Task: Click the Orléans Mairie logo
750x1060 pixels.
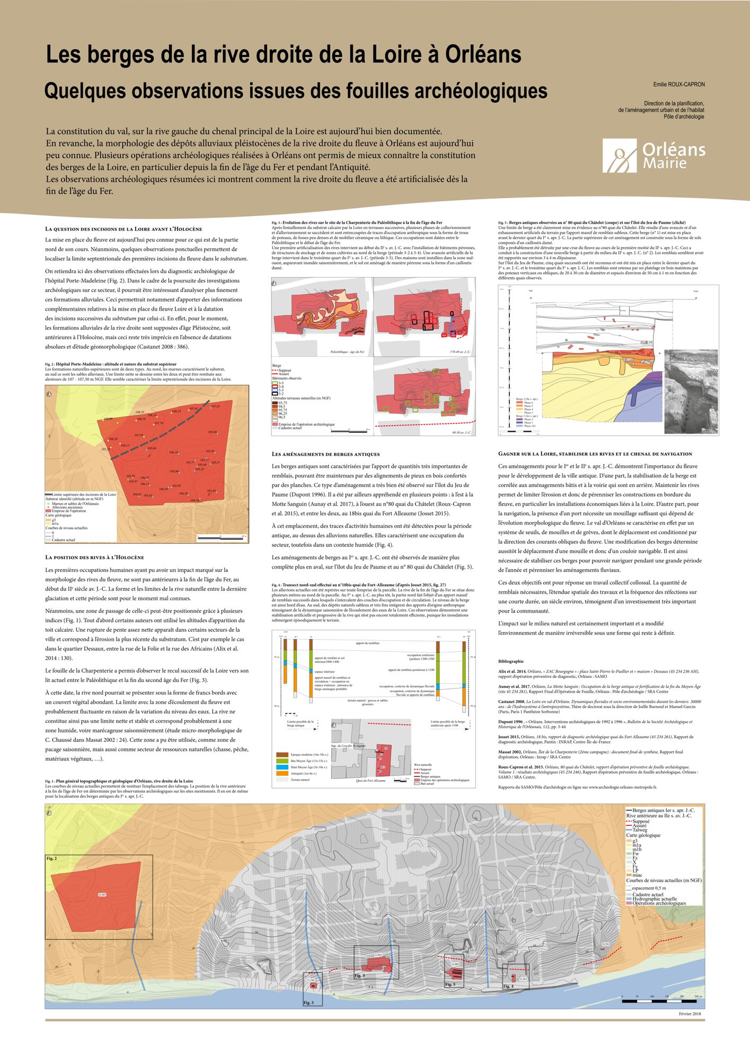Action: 654,156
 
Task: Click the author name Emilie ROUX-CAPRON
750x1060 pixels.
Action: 679,84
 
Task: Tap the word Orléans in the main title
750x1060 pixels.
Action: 483,55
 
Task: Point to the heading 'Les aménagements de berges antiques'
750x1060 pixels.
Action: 325,454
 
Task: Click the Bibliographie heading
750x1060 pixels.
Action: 511,661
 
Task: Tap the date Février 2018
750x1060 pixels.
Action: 690,1014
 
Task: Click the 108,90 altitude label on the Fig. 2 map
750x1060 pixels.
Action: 108,419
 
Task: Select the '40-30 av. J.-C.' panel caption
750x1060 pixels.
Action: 461,432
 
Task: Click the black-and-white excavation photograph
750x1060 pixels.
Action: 691,391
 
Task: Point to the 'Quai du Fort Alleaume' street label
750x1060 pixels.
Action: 370,781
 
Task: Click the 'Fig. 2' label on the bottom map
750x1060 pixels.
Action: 51,858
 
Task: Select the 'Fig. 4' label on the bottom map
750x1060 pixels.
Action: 508,986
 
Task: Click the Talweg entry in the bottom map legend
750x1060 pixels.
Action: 640,831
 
